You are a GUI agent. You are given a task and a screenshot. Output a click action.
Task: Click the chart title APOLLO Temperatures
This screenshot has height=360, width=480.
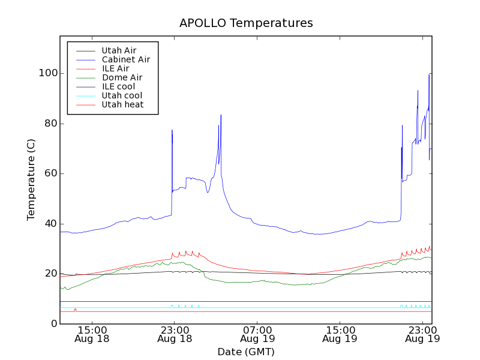pyautogui.click(x=246, y=23)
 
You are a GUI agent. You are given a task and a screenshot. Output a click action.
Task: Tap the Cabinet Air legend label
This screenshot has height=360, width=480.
pyautogui.click(x=125, y=59)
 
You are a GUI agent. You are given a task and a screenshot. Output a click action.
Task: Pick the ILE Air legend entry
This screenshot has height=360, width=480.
pyautogui.click(x=115, y=68)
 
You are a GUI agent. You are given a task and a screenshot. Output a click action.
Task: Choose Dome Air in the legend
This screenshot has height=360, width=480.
pyautogui.click(x=122, y=77)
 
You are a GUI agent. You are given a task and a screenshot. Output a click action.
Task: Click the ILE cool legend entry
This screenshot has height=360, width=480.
pyautogui.click(x=118, y=86)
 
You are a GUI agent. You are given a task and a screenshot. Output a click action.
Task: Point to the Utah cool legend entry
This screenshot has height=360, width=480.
pyautogui.click(x=122, y=95)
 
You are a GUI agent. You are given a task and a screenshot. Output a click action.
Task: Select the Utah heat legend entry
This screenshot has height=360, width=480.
pyautogui.click(x=122, y=104)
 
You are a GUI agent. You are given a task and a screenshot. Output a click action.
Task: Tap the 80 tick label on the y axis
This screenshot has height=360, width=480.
pyautogui.click(x=48, y=124)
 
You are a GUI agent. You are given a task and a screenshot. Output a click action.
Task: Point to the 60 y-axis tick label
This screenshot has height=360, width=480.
pyautogui.click(x=48, y=173)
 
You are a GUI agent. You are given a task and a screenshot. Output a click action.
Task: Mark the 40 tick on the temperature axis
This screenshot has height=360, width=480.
pyautogui.click(x=48, y=224)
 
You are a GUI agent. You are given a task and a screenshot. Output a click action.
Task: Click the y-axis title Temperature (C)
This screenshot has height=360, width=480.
pyautogui.click(x=31, y=180)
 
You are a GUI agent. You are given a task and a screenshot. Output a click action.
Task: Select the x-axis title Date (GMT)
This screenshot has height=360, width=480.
pyautogui.click(x=246, y=352)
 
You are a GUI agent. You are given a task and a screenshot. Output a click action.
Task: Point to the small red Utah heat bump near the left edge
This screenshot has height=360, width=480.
pyautogui.click(x=75, y=310)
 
